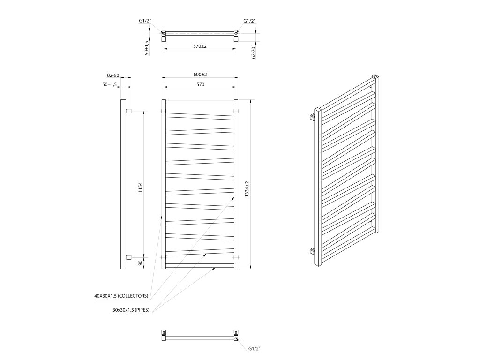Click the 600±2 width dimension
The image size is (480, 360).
coord(200,75)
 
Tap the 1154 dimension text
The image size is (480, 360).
coord(140,188)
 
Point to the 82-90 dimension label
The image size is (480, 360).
coord(113,75)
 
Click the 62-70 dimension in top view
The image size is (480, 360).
coord(254,52)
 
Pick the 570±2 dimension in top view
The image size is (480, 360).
coord(200,46)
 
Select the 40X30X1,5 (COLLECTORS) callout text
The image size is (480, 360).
coord(121,296)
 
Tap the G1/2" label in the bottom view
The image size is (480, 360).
coord(254,349)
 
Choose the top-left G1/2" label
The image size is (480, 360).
coord(145,21)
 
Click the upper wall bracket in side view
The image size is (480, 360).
coord(128,111)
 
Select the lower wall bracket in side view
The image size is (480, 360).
coord(128,257)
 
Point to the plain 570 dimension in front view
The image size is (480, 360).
coord(200,85)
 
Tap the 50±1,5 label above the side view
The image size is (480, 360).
coord(110,85)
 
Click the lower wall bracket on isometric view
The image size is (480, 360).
coord(313,252)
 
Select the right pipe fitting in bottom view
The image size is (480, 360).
coord(236,336)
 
